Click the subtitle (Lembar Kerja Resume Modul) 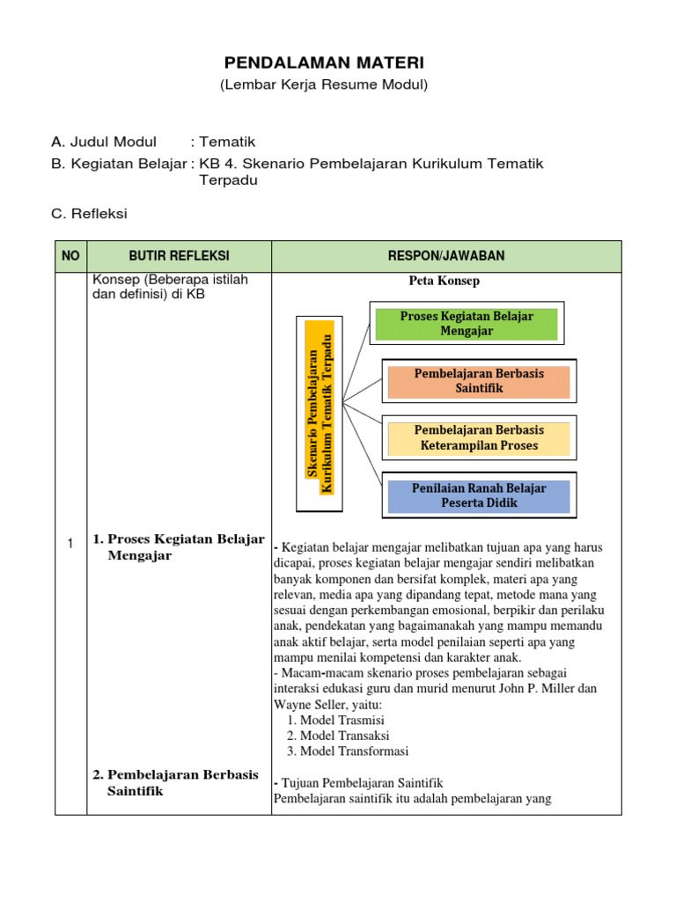click(x=324, y=84)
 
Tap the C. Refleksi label click(x=90, y=214)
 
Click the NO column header click(x=70, y=256)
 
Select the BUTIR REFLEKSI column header click(x=179, y=256)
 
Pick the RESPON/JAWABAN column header click(x=446, y=256)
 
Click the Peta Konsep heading click(x=444, y=282)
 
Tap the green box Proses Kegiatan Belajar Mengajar click(x=467, y=323)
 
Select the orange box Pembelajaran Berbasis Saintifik click(x=479, y=381)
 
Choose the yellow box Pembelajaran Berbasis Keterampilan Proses click(x=479, y=437)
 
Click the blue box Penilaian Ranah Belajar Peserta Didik click(x=479, y=495)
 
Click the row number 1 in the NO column click(x=70, y=545)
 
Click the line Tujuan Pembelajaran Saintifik click(x=360, y=782)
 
